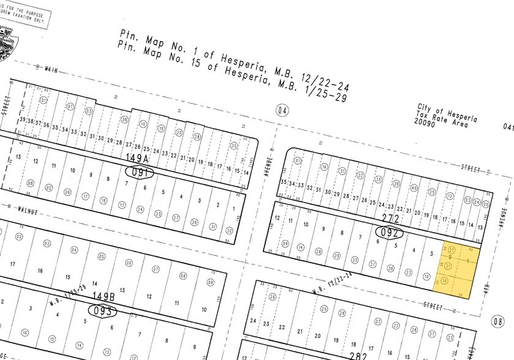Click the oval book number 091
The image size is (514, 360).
140,173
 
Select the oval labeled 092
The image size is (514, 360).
390,233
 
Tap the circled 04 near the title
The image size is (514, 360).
282,110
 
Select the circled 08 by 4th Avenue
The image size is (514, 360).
499,320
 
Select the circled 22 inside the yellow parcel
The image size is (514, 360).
452,250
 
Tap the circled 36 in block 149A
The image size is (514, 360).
124,120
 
